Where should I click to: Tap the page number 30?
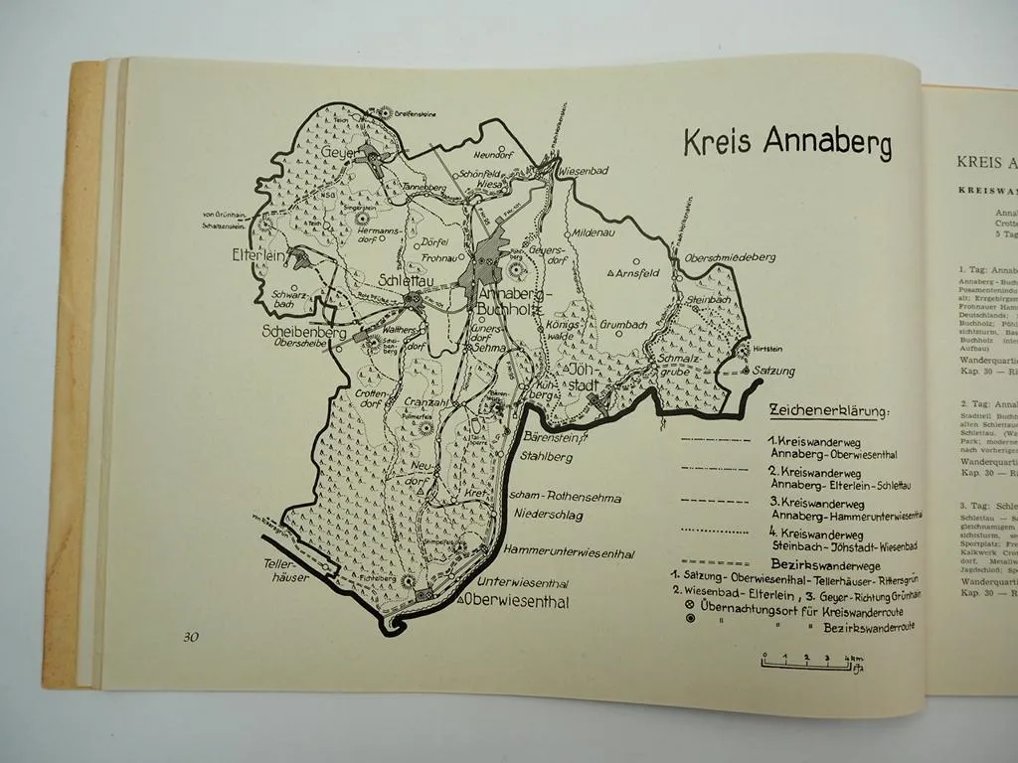[x=191, y=637]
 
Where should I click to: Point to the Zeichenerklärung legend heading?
[x=830, y=411]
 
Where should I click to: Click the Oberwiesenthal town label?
[x=515, y=600]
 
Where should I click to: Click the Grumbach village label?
[x=626, y=322]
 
